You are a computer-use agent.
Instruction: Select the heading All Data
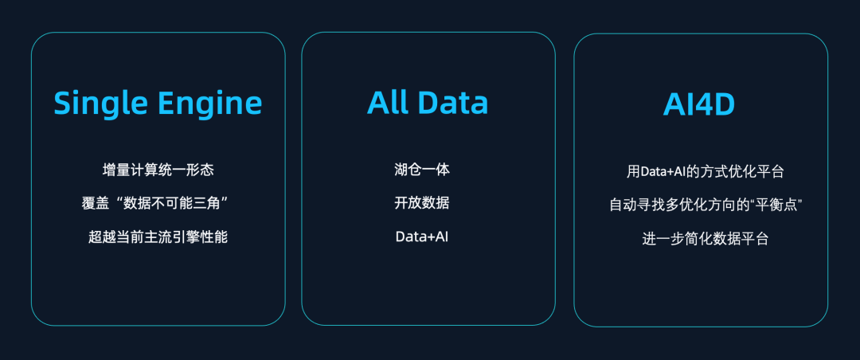pos(428,103)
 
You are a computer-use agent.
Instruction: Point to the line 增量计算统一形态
pos(158,170)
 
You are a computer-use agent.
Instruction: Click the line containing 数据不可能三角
pos(155,203)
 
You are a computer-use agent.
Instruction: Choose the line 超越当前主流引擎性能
pos(158,237)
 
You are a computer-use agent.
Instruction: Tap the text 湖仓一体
pos(422,169)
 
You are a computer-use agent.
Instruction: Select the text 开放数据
pos(422,202)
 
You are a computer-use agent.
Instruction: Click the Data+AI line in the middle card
pos(422,237)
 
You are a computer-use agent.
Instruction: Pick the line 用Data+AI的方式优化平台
pos(706,171)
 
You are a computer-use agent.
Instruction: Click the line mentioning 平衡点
pos(706,205)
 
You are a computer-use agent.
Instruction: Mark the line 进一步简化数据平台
pos(706,239)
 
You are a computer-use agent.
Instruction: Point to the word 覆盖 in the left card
pos(95,203)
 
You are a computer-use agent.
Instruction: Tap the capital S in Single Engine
pos(63,104)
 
